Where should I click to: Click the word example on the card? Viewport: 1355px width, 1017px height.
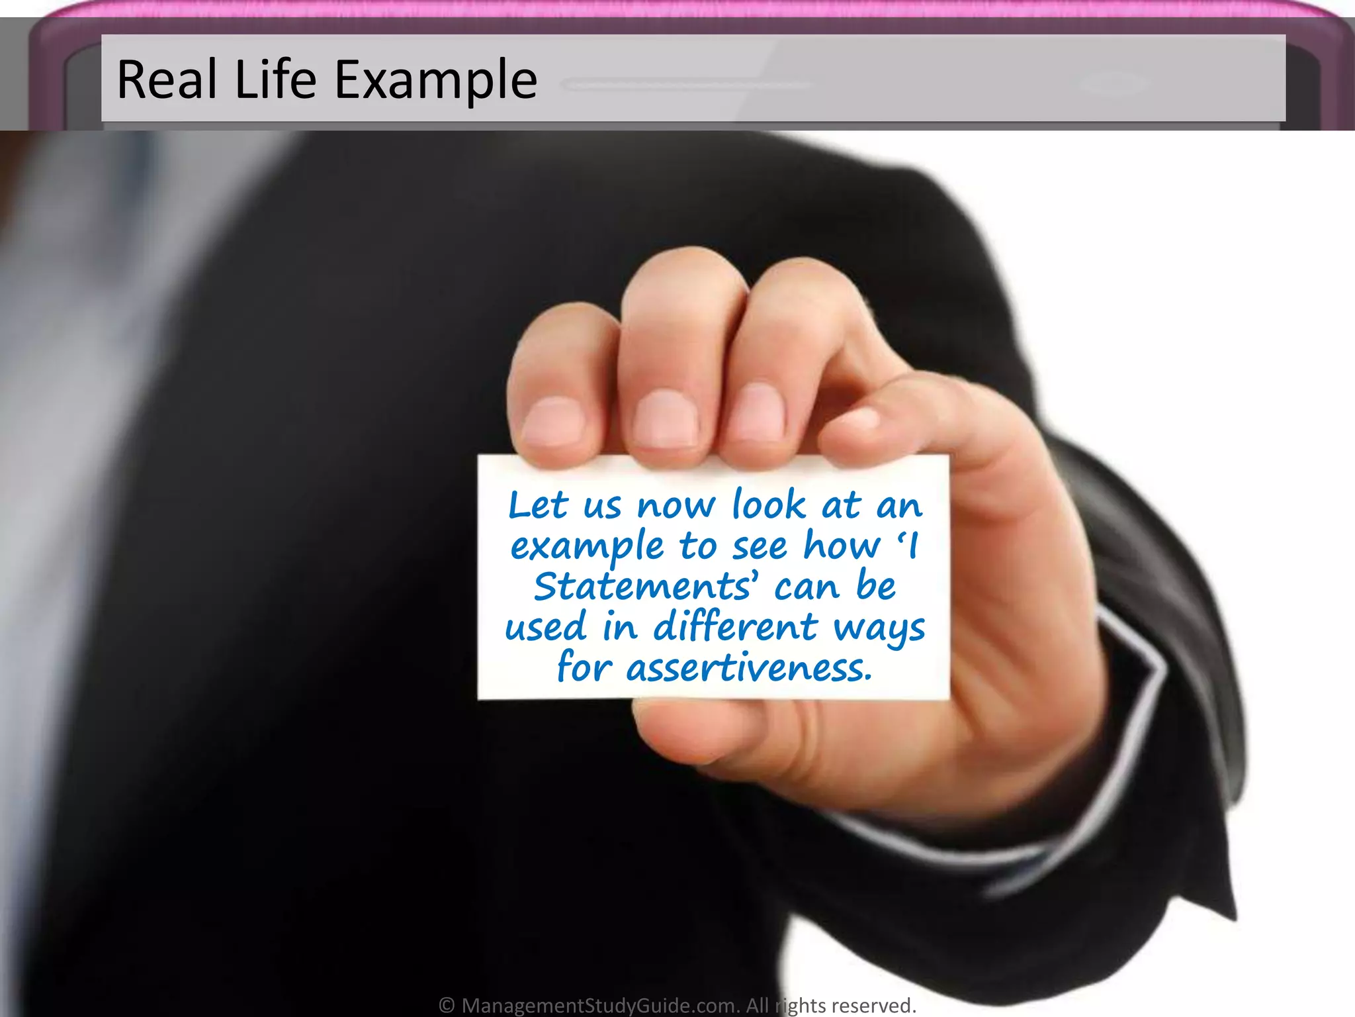587,548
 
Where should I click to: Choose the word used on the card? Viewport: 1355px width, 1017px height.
545,626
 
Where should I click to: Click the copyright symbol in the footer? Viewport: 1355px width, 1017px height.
447,1005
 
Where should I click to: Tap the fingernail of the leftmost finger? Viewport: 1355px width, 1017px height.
553,421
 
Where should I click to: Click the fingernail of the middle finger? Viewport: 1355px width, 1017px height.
666,417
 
